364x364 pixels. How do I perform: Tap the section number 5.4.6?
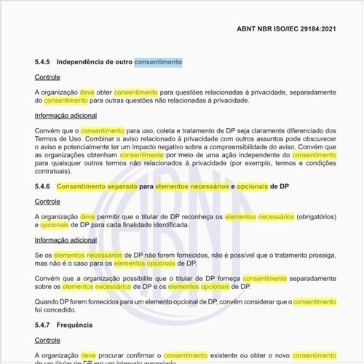44,187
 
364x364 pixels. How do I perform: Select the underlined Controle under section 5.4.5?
47,77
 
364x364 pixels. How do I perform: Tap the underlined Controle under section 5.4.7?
47,339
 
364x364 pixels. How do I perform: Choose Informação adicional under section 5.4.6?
66,240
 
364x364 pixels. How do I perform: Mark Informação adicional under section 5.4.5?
66,115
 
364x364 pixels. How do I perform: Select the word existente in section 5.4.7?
221,355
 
